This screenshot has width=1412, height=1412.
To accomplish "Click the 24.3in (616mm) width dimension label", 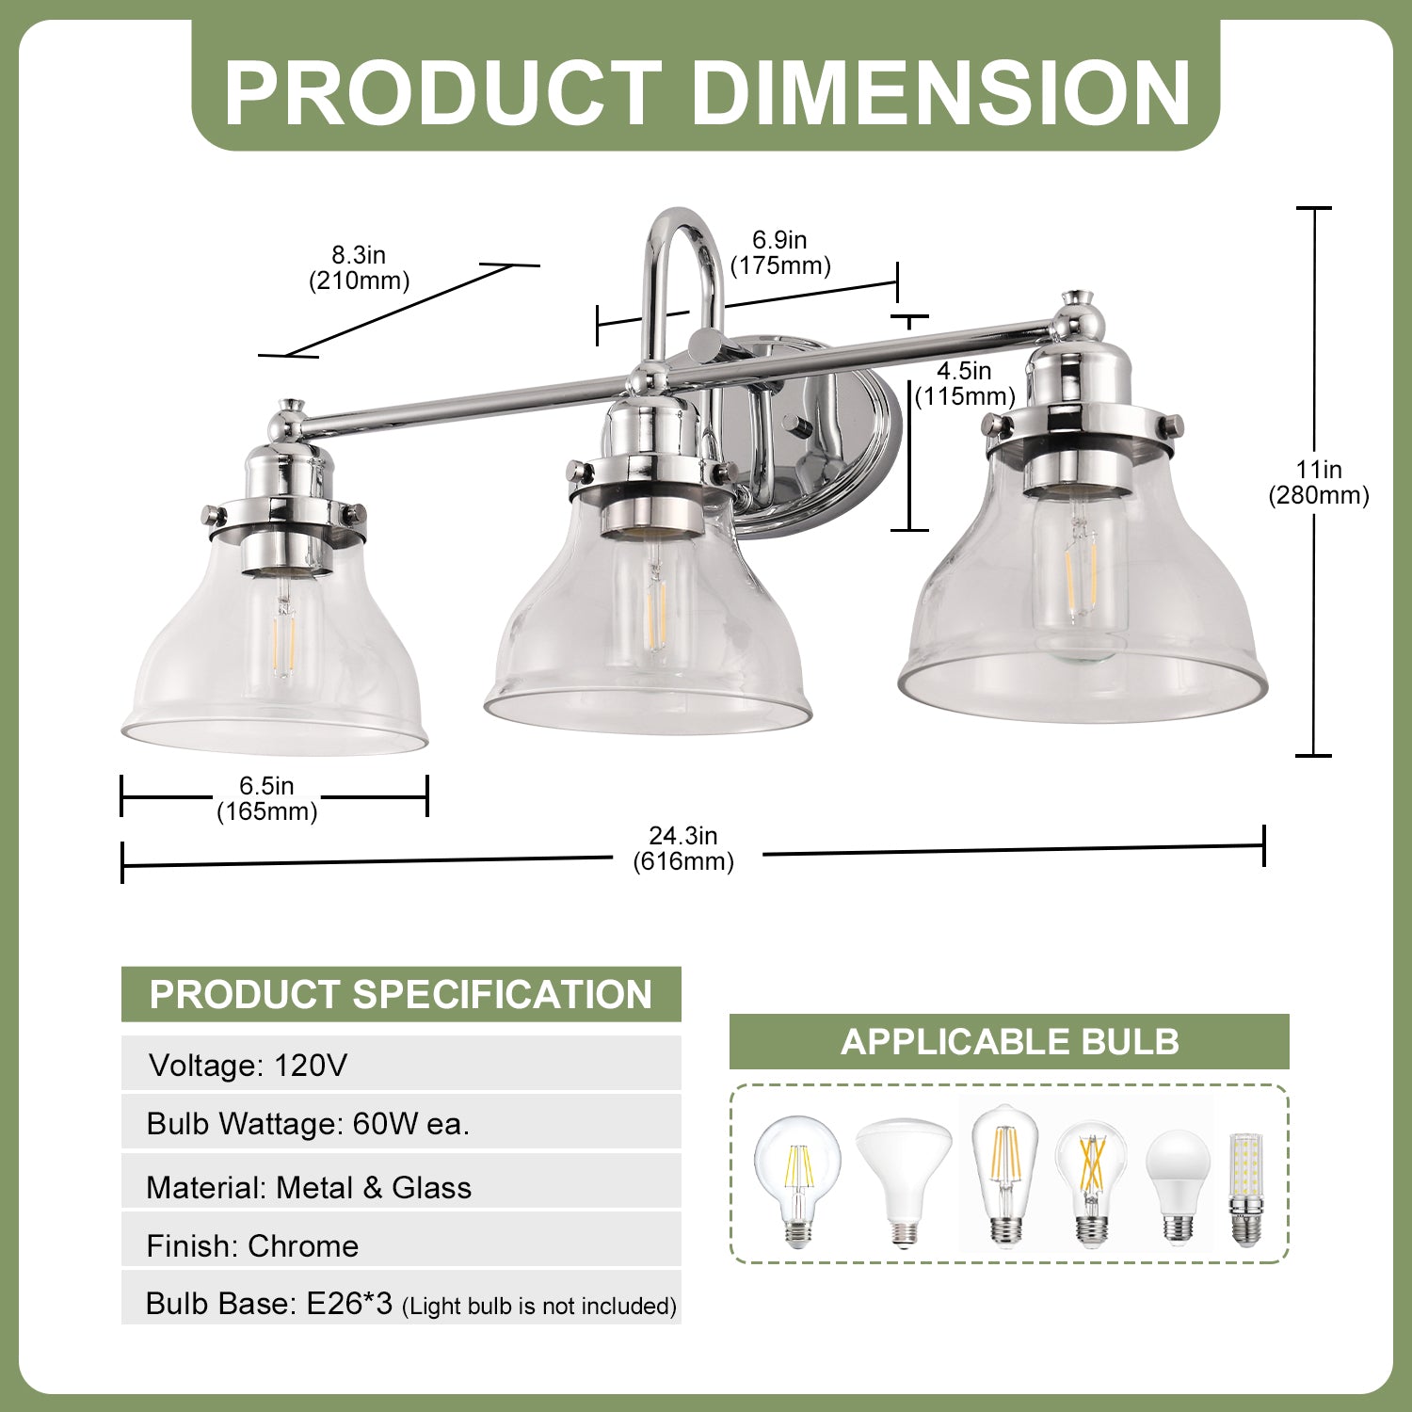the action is tap(683, 848).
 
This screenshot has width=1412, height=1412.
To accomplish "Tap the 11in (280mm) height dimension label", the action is tap(1318, 482).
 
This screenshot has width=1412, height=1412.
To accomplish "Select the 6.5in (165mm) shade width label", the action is tap(267, 798).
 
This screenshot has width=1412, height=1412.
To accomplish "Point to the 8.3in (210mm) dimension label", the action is tap(360, 267).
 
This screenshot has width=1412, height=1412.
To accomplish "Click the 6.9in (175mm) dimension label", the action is tap(780, 252).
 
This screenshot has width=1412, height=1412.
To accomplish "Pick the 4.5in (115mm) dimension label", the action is tap(965, 383).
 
